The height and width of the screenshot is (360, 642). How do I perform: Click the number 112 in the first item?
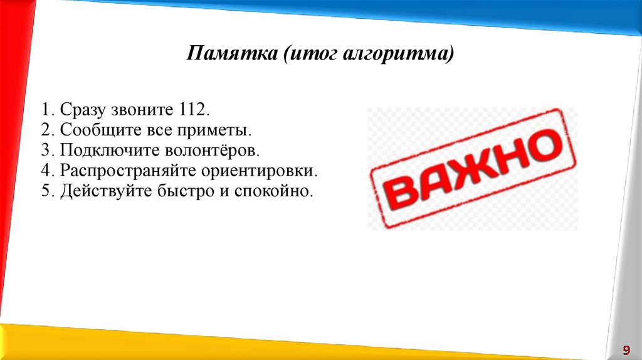(x=194, y=110)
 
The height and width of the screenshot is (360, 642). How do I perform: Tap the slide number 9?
(x=626, y=349)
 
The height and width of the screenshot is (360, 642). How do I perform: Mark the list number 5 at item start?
(x=46, y=191)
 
